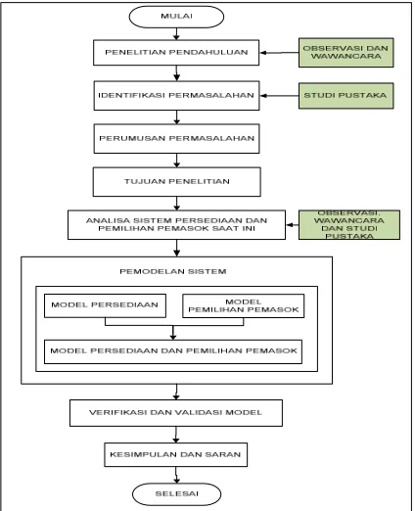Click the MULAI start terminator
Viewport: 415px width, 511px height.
point(176,17)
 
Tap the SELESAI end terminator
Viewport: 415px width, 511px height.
point(176,494)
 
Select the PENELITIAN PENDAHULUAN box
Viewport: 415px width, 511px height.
point(176,53)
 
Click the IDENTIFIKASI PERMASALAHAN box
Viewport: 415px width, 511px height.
point(176,96)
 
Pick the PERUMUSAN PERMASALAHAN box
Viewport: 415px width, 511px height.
point(176,138)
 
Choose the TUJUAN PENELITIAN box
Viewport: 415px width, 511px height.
point(176,182)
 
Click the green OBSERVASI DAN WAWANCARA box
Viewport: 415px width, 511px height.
point(346,53)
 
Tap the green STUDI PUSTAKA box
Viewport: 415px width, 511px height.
point(346,96)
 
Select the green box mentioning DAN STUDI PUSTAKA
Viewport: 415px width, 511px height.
point(349,225)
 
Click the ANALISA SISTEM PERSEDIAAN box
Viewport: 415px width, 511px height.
point(176,225)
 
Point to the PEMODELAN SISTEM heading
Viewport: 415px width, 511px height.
point(173,271)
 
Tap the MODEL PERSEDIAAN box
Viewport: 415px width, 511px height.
point(105,305)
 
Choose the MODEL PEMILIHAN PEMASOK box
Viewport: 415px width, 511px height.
point(244,305)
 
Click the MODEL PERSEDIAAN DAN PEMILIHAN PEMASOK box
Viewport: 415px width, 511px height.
point(173,351)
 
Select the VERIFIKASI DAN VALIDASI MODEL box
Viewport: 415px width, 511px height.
point(176,413)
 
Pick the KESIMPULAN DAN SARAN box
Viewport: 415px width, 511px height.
point(175,454)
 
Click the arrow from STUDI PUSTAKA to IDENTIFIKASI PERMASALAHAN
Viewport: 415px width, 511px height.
point(279,96)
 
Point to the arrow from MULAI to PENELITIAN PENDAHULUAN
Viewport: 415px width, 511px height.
point(176,34)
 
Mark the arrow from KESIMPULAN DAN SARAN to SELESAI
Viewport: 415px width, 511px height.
point(176,475)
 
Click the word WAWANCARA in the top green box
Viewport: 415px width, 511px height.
point(346,56)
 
